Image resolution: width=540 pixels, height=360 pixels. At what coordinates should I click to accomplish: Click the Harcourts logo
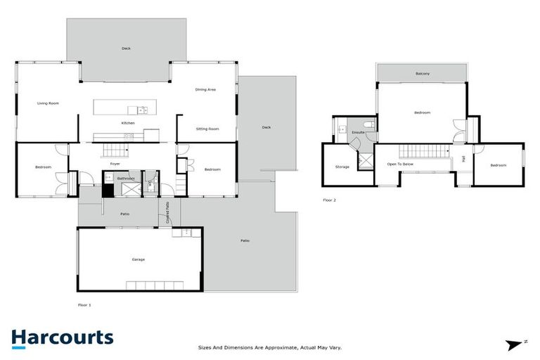click(62, 337)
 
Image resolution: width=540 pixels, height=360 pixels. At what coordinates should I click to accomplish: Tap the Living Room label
click(48, 103)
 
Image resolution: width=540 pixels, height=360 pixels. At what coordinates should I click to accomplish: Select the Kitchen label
click(128, 123)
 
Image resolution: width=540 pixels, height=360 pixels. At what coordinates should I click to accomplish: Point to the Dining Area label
click(205, 89)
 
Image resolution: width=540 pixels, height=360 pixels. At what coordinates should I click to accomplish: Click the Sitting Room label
click(207, 129)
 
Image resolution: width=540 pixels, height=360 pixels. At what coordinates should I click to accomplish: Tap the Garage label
click(138, 259)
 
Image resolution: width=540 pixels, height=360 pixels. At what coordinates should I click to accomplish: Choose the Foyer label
click(115, 164)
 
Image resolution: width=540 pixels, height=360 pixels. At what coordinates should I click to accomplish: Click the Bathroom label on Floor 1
click(126, 179)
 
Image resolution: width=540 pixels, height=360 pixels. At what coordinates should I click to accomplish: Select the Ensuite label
click(358, 132)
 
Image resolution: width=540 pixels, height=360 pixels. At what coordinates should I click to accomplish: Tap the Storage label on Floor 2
click(342, 167)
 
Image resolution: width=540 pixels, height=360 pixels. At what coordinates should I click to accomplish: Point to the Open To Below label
click(400, 164)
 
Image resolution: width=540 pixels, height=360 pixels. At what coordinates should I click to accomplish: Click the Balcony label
click(423, 74)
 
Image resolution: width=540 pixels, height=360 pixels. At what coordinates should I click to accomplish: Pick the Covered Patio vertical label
click(167, 213)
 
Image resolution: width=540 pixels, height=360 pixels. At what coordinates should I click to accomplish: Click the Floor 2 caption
click(330, 200)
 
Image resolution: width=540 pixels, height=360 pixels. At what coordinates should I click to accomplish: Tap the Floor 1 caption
click(84, 305)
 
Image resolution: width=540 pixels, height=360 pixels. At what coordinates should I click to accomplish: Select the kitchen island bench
click(126, 108)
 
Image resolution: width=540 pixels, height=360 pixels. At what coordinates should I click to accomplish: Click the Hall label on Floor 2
click(464, 160)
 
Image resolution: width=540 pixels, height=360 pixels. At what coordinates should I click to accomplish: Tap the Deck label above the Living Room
click(126, 49)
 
